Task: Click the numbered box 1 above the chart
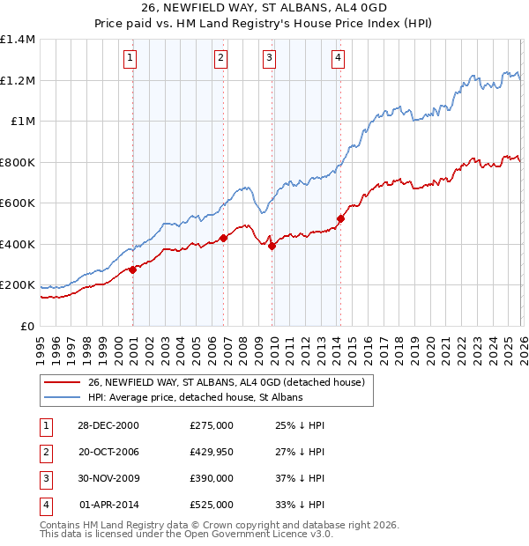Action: click(x=130, y=58)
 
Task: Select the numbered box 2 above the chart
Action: click(x=220, y=58)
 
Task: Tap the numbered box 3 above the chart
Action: click(x=269, y=58)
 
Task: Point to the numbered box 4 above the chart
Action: click(x=338, y=58)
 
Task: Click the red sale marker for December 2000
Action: click(x=133, y=269)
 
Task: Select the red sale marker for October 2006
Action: click(x=224, y=238)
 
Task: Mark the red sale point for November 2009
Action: click(x=272, y=247)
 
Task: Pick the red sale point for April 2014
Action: click(x=340, y=218)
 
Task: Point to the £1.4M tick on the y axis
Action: click(x=18, y=40)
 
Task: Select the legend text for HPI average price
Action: click(x=195, y=397)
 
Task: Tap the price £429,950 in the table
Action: click(x=212, y=451)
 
